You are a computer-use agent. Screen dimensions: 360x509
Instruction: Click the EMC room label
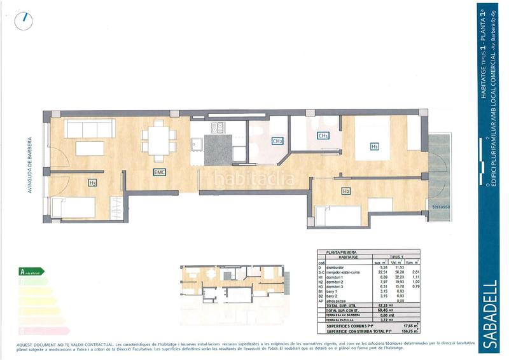158,172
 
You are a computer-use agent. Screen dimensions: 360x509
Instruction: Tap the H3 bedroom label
93,183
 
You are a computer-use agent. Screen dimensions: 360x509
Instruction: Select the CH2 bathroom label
277,141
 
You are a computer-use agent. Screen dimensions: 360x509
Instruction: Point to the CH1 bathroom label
323,135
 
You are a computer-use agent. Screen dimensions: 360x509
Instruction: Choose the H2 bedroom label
346,191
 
